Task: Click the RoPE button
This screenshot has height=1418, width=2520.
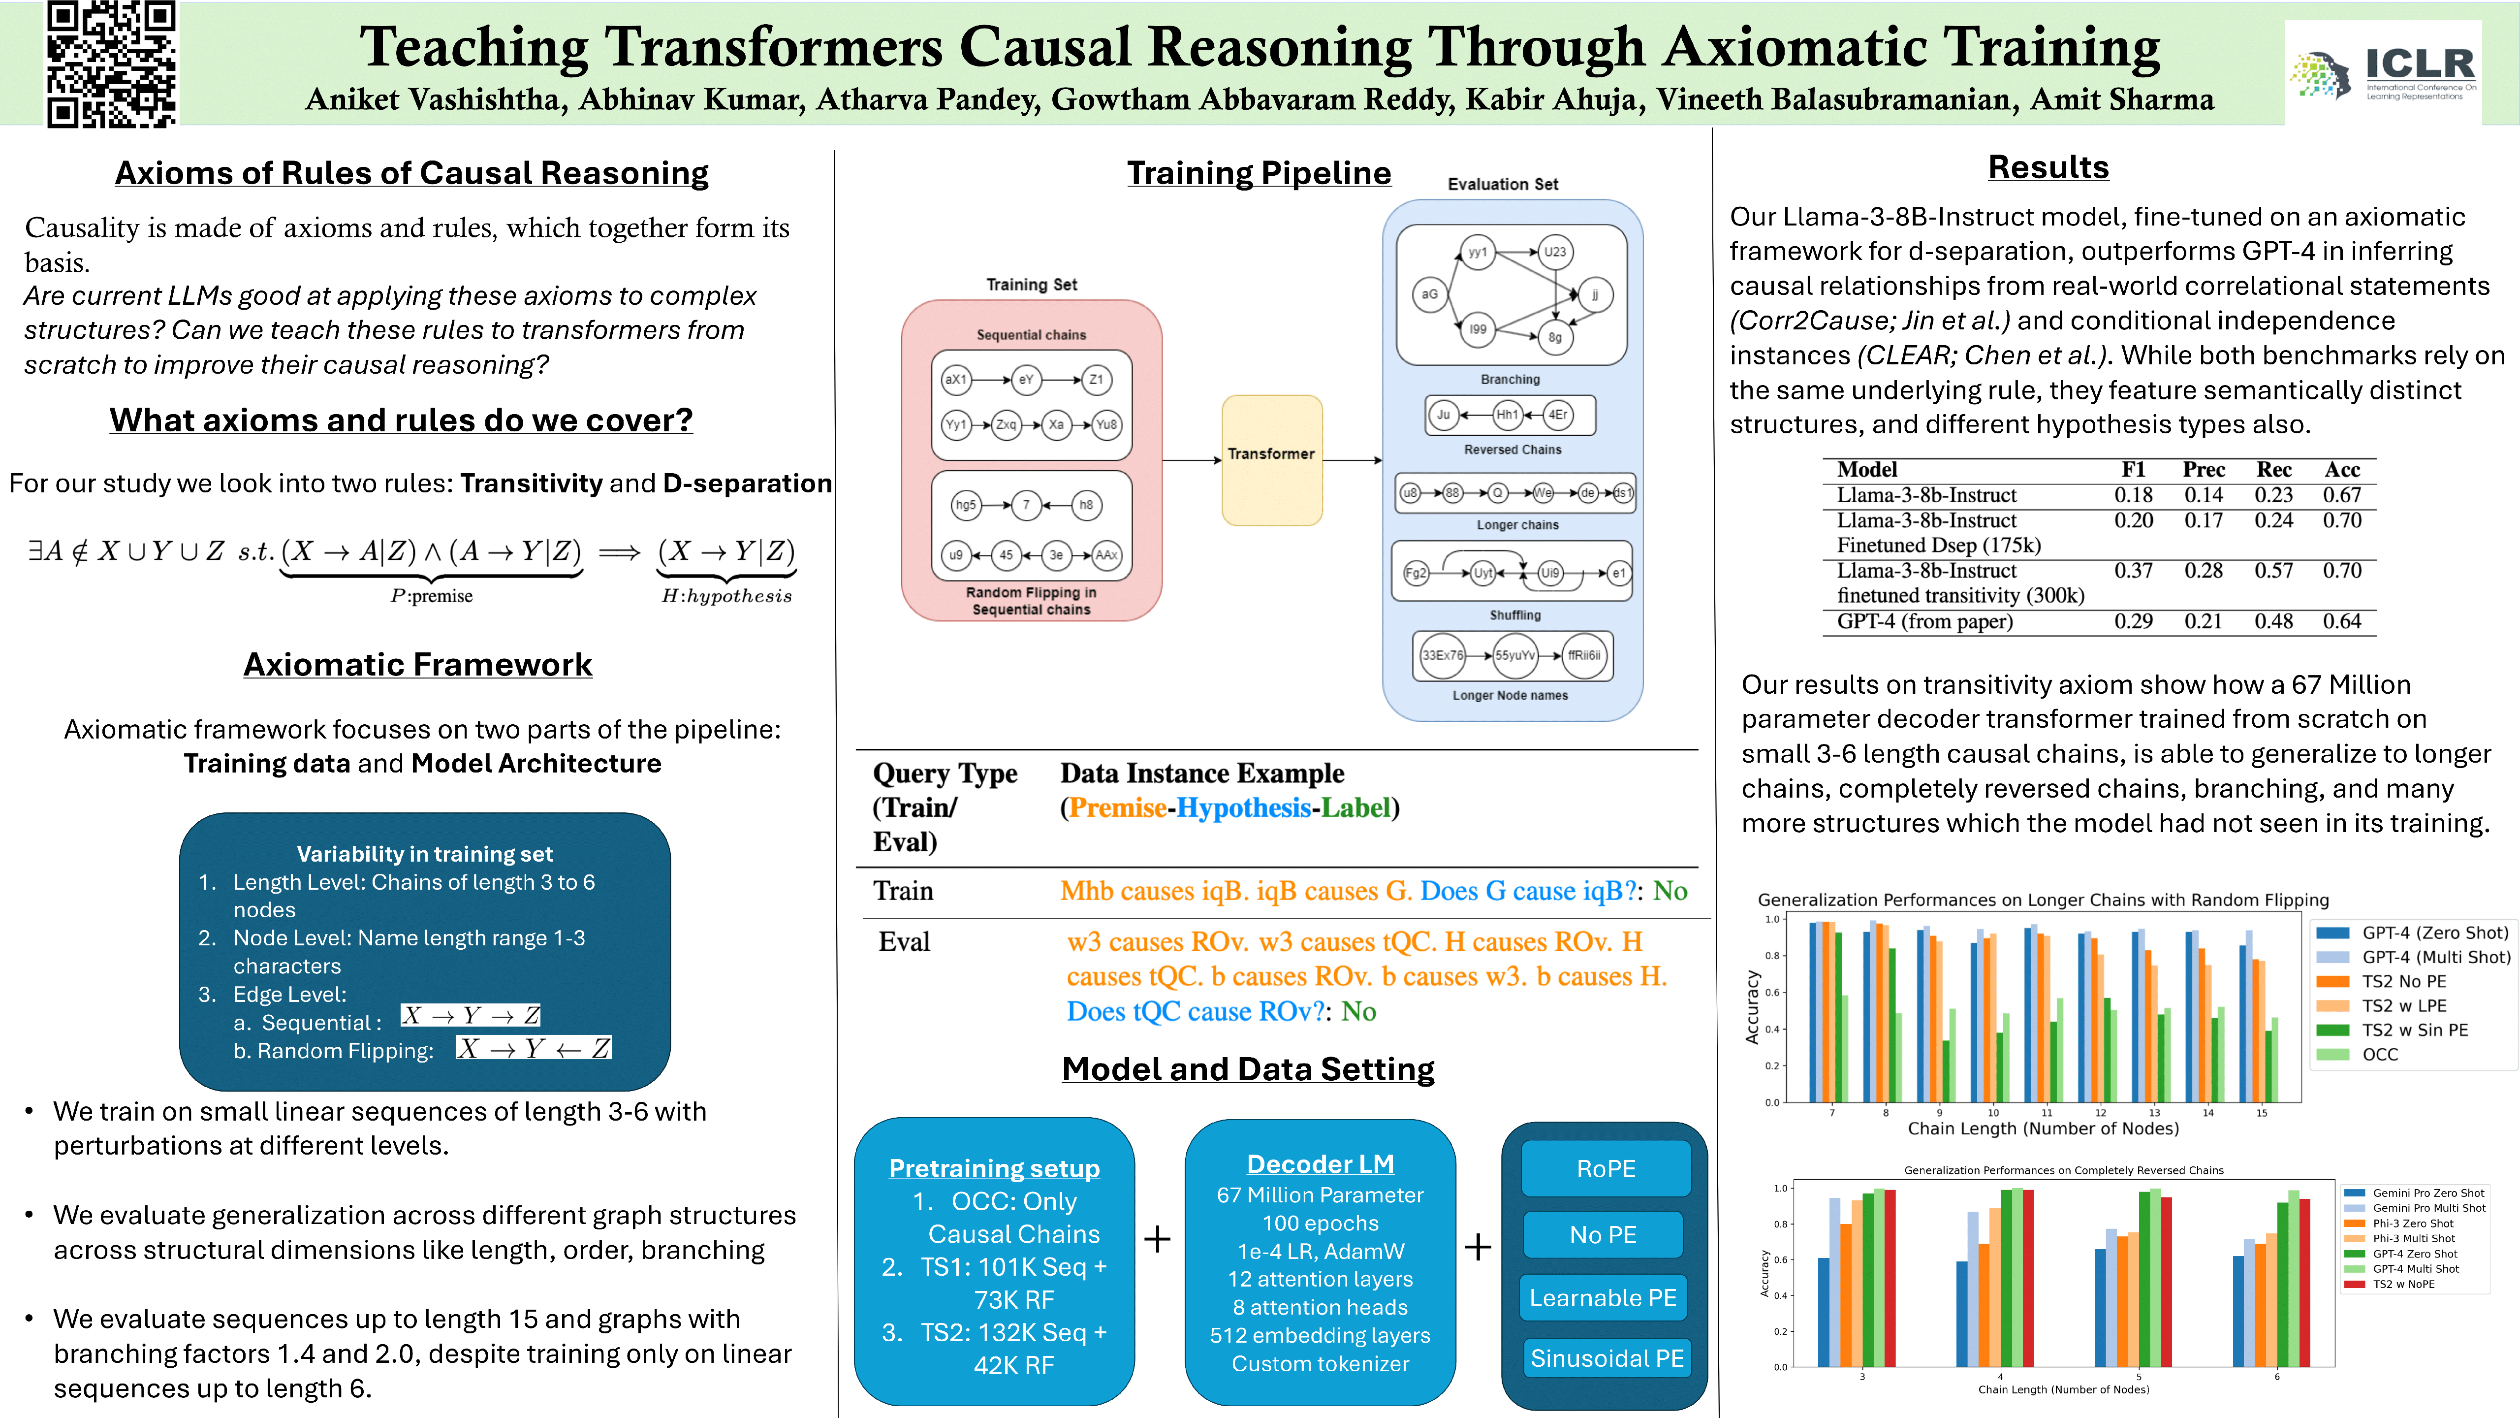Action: point(1606,1168)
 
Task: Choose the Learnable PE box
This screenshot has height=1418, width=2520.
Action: point(1603,1298)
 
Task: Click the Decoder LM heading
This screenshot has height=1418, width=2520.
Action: point(1320,1163)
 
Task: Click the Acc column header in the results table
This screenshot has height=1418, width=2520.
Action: point(2342,470)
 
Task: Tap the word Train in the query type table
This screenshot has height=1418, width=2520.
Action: point(903,891)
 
